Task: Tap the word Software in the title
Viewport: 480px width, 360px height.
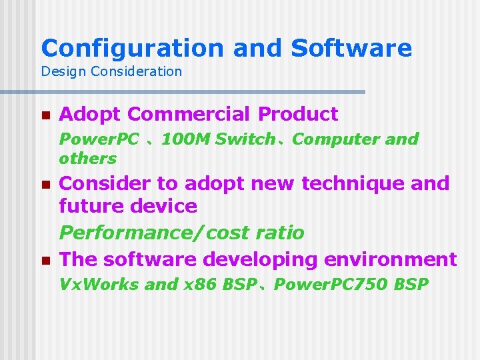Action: point(351,48)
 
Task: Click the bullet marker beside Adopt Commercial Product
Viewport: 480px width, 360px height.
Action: point(45,115)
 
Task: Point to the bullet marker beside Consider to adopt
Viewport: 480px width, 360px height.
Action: point(45,184)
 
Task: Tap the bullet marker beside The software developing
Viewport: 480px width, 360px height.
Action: point(45,260)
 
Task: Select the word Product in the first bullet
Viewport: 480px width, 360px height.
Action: point(298,115)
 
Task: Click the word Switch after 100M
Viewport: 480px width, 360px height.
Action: point(245,139)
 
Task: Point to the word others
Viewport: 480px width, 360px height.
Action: point(87,159)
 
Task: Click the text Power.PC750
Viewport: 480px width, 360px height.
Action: point(331,285)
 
